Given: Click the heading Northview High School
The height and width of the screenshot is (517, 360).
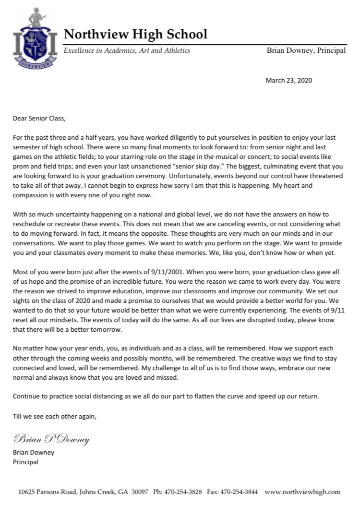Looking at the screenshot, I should point(135,34).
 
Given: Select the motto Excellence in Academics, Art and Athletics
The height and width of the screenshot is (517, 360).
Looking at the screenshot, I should point(127,50).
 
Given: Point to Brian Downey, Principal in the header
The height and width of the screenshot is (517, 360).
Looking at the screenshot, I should point(306,50).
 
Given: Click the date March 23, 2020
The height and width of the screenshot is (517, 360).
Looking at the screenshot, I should point(288,80).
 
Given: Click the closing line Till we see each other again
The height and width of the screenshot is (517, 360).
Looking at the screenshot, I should point(55,416).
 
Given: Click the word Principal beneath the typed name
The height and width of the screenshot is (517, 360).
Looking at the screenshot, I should point(25,462).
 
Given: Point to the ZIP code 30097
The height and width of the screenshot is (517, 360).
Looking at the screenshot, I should point(140,492).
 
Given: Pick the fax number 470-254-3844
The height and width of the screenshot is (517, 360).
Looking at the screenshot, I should point(238,492).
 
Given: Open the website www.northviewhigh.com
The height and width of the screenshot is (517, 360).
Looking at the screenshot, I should point(302,492).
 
